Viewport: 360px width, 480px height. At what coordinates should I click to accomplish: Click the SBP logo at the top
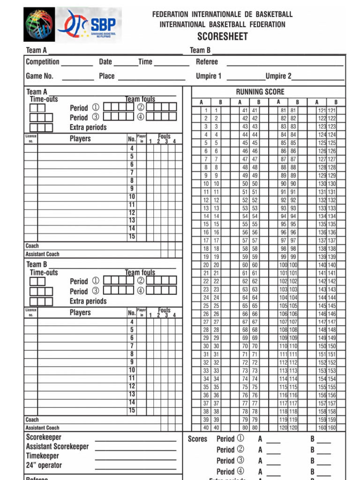click(89, 25)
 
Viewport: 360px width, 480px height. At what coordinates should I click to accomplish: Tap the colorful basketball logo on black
click(39, 24)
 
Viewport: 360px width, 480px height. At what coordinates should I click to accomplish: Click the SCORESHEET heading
click(222, 37)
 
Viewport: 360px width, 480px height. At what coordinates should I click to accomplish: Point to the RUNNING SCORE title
click(260, 92)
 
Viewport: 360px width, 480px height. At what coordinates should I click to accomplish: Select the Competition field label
click(43, 62)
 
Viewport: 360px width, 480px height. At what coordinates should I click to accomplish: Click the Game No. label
click(39, 76)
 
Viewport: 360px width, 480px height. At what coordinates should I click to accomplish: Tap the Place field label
click(107, 76)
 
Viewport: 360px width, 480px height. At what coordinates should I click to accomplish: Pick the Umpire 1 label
click(209, 76)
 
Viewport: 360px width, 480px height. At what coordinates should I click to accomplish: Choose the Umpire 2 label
click(278, 76)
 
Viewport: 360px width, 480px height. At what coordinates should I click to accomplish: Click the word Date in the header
click(105, 62)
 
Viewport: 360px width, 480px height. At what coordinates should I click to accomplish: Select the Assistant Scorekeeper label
click(57, 447)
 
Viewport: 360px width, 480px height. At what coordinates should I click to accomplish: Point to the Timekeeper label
click(43, 456)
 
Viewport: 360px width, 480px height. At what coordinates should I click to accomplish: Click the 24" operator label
click(44, 465)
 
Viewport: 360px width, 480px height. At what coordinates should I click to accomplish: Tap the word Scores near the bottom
click(197, 439)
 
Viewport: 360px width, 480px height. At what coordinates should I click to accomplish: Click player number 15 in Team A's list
click(132, 237)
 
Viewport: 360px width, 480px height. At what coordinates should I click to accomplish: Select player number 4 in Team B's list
click(132, 322)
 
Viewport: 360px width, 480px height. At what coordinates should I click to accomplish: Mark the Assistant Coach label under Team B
click(42, 427)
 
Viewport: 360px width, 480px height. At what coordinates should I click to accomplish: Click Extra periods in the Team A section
click(88, 127)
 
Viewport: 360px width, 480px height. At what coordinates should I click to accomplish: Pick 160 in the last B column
click(332, 427)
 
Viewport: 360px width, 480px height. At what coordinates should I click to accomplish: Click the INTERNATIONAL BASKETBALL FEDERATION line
click(222, 24)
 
